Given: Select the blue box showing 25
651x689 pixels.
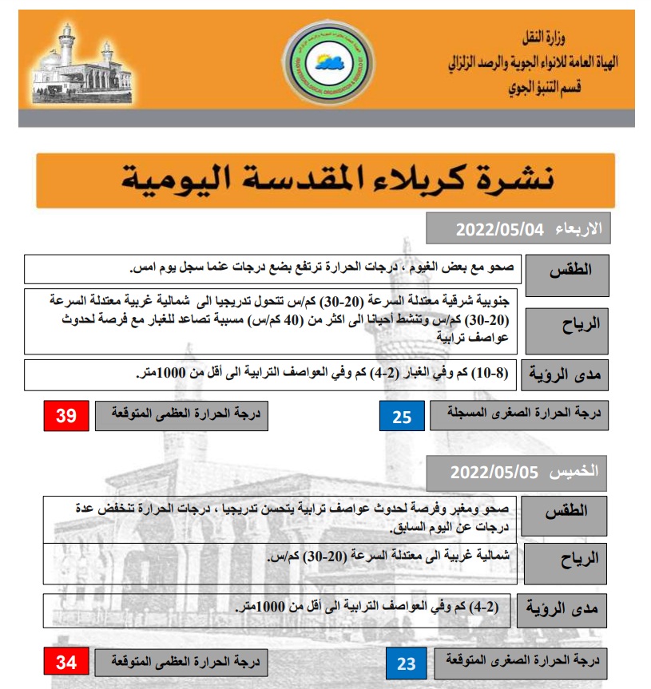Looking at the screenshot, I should [401, 416].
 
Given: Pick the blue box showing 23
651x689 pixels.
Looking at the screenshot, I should [406, 663].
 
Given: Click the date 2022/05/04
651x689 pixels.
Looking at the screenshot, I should [499, 230].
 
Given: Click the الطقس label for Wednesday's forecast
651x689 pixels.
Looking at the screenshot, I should [571, 269].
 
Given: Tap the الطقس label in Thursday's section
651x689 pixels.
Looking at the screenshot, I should [570, 512].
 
